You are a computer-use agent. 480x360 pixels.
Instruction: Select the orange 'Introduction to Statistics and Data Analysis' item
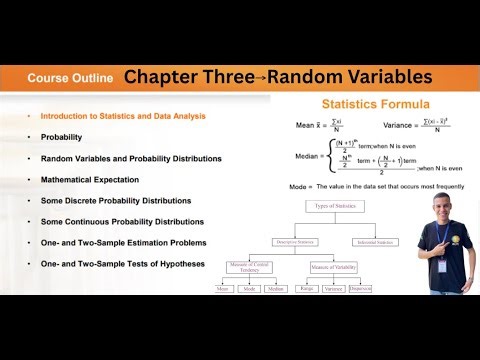[x=123, y=116]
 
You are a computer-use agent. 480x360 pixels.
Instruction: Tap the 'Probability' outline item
[x=61, y=137]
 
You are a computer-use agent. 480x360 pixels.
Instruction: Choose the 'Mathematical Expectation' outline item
[x=90, y=180]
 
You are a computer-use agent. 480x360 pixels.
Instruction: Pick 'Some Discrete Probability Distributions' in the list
[x=115, y=201]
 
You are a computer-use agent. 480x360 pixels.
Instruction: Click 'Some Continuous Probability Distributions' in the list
[x=122, y=222]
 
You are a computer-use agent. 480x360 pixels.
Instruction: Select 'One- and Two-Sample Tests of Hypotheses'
[x=122, y=264]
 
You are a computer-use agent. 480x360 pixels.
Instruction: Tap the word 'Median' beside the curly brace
[x=304, y=156]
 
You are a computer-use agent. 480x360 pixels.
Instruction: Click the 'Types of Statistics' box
[x=334, y=205]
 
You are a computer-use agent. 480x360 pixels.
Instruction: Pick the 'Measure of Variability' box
[x=334, y=267]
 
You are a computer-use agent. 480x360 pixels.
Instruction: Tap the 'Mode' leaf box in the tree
[x=251, y=289]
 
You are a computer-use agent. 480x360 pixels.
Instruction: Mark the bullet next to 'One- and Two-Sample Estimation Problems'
[x=28, y=243]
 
